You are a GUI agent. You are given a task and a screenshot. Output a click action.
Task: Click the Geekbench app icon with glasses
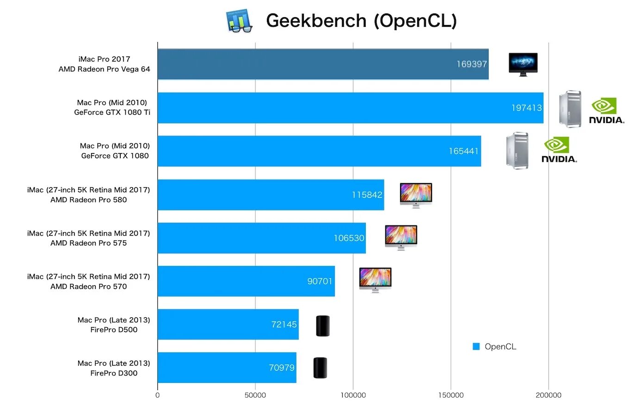coord(239,21)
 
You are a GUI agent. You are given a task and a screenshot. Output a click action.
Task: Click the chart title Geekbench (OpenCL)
coord(361,21)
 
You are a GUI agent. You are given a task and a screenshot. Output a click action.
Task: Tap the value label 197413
coord(526,108)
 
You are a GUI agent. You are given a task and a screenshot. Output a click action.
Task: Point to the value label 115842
coord(367,195)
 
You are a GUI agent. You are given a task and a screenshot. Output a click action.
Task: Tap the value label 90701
coord(320,281)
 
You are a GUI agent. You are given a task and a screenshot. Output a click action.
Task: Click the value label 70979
coord(282,368)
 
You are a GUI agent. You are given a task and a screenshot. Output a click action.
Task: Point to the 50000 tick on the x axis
coord(255,395)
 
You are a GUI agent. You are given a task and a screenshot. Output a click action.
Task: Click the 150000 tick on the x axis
coord(451,395)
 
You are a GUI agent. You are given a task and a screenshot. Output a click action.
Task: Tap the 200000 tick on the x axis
coord(549,395)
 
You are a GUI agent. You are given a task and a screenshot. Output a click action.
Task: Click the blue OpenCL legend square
coord(476,346)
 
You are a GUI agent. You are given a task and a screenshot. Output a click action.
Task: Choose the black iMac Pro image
coord(523,64)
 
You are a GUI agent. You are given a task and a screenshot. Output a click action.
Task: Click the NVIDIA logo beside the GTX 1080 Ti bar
coord(606,111)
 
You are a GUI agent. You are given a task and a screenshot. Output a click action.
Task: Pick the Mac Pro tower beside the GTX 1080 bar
coord(517,150)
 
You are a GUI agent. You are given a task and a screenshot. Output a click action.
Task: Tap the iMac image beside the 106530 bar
coord(401,237)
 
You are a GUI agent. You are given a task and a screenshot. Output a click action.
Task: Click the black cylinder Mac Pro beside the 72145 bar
coord(323,326)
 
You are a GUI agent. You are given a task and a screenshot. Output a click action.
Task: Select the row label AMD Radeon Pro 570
coord(88,287)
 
